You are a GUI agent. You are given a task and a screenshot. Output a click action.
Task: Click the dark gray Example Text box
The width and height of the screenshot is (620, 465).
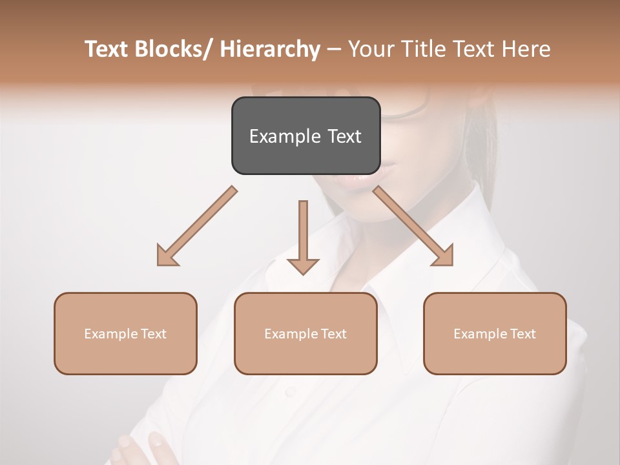pos(305,136)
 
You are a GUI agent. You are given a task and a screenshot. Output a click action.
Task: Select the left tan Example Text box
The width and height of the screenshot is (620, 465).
pos(125,333)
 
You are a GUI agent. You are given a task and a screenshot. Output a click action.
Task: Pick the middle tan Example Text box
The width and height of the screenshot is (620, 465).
pos(305,333)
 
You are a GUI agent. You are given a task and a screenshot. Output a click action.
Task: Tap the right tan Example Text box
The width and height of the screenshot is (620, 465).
pos(495,333)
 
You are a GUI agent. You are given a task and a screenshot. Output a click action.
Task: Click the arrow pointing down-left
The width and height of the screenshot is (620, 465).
pos(198,226)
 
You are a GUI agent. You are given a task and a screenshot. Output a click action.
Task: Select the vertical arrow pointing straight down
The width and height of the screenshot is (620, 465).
pos(303,236)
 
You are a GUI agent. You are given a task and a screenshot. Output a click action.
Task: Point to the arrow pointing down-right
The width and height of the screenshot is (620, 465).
pos(413,226)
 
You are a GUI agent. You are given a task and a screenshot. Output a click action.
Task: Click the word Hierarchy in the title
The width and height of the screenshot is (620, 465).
pos(269,49)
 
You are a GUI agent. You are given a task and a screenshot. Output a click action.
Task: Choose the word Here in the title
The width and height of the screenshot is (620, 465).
pos(527,49)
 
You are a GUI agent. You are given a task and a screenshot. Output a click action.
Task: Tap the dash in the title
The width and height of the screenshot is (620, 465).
pos(334,49)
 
